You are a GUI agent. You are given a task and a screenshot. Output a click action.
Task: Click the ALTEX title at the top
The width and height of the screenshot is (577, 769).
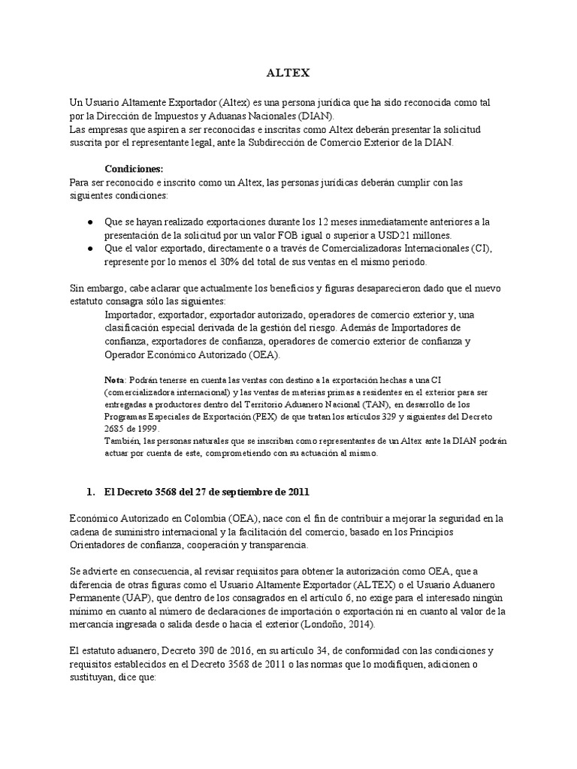(288, 74)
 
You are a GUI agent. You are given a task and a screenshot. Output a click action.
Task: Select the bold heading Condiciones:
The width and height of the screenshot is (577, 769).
(134, 169)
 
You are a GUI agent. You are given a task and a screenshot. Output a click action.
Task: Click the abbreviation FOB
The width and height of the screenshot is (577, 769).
(307, 235)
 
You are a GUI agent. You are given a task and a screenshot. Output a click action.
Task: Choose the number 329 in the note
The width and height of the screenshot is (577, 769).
(378, 415)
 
